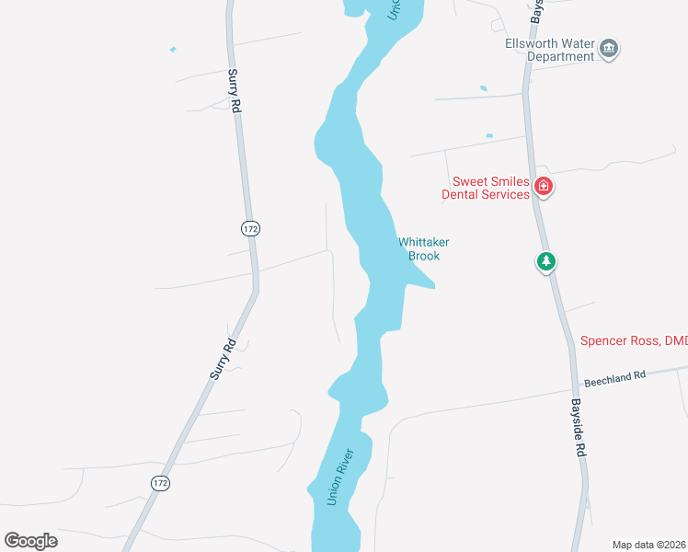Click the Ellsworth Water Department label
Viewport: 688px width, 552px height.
click(550, 50)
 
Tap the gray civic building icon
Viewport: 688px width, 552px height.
click(609, 49)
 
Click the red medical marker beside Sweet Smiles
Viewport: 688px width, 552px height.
click(544, 187)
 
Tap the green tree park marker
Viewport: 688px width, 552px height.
click(546, 262)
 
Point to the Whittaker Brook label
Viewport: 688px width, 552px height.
click(424, 248)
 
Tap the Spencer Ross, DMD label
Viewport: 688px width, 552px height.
click(634, 340)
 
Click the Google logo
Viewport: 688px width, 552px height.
click(30, 541)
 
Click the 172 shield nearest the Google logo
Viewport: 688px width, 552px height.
click(160, 482)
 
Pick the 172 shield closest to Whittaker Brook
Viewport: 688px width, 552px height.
click(249, 226)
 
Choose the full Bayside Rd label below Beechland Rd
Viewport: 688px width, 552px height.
click(577, 428)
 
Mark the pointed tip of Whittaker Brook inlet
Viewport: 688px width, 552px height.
click(434, 286)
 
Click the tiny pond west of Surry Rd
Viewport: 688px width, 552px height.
click(172, 50)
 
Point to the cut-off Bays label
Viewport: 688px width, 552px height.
click(535, 11)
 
